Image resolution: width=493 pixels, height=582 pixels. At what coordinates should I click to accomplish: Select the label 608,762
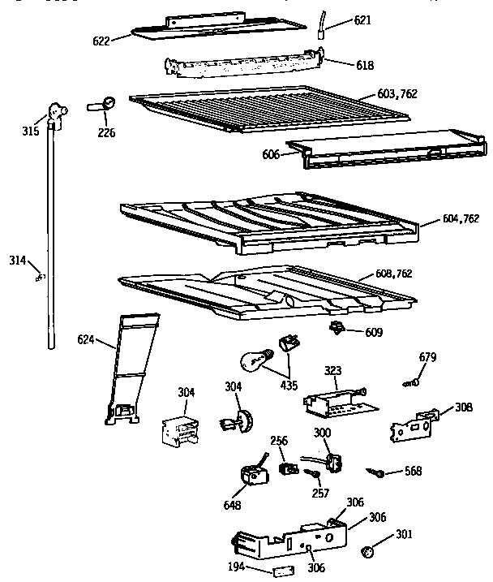392,274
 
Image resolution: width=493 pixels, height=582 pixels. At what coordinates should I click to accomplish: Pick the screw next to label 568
376,470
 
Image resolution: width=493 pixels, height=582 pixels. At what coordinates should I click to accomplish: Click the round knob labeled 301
365,551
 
